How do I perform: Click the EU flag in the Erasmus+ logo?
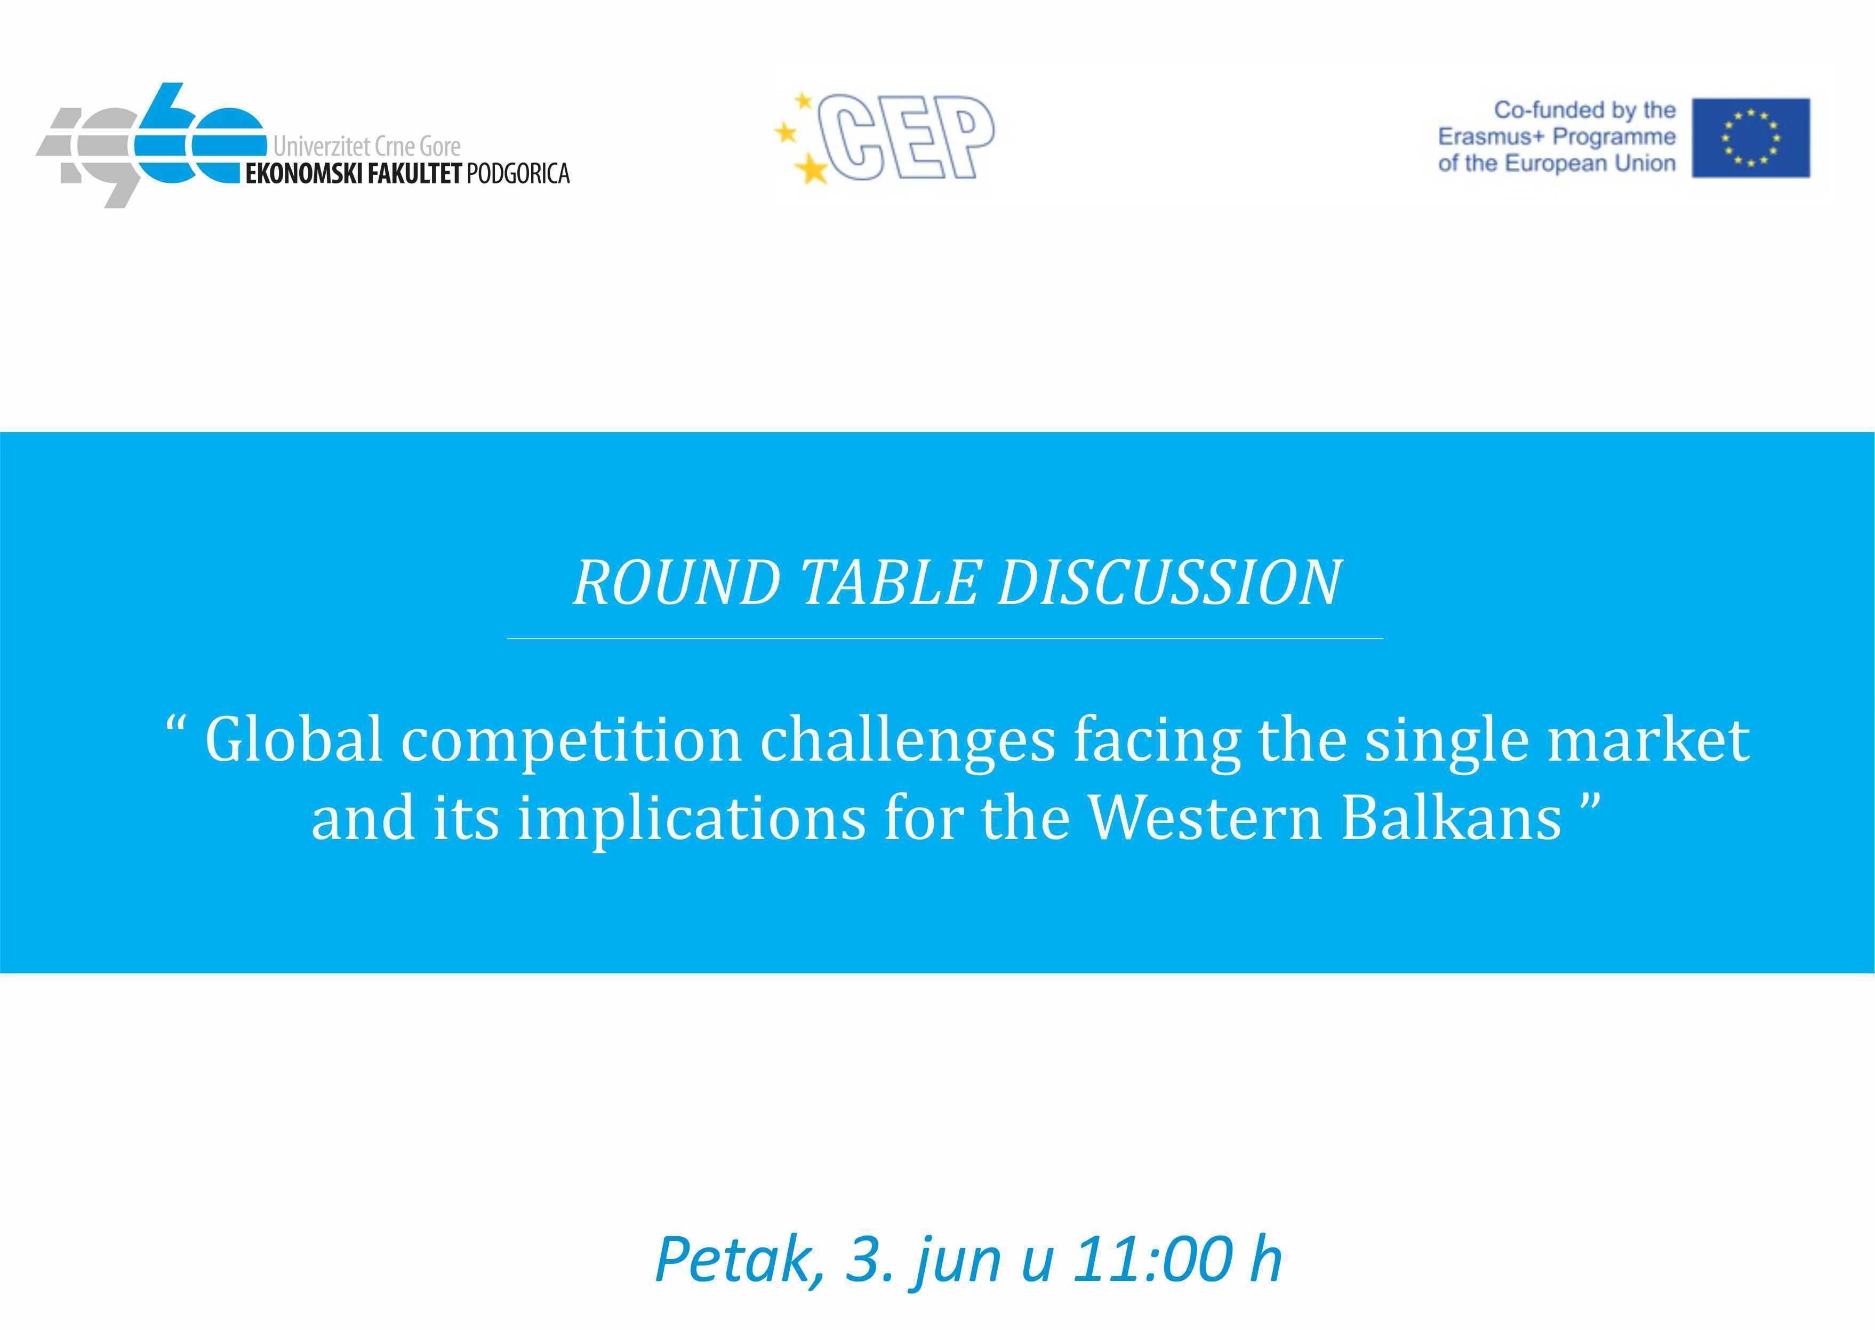(x=1751, y=138)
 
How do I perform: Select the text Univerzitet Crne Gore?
(x=367, y=147)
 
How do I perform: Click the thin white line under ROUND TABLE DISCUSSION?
(x=945, y=638)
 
